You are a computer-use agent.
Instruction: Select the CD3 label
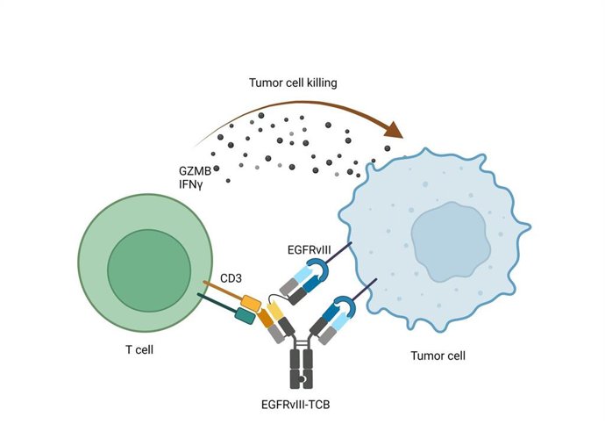point(231,277)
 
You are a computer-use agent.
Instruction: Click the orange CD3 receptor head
point(251,303)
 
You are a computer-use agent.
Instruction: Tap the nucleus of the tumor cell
point(449,237)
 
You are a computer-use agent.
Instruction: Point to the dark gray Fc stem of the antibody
point(302,368)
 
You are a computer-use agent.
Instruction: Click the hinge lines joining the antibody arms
point(302,341)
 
